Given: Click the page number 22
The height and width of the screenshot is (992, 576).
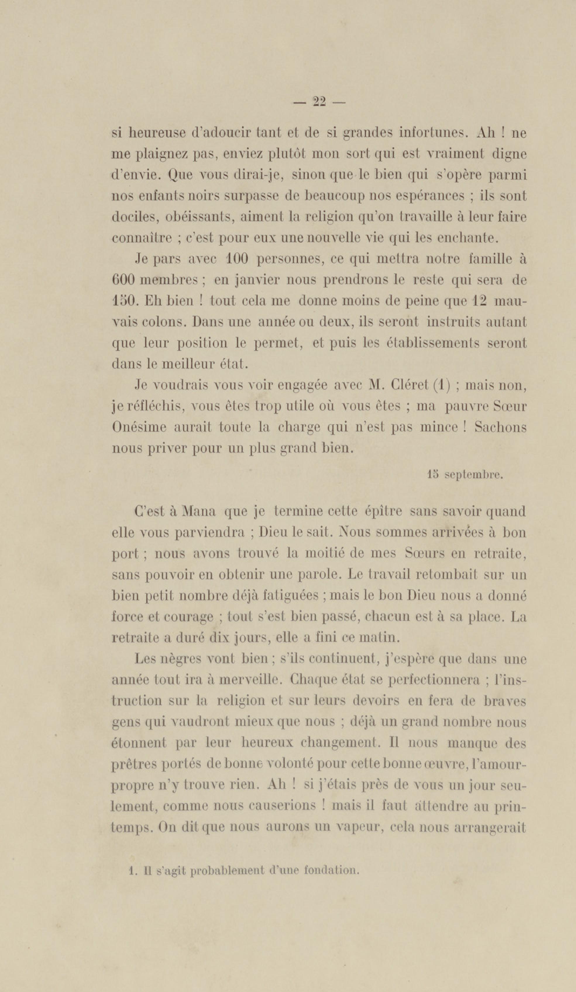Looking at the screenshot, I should click(x=319, y=102).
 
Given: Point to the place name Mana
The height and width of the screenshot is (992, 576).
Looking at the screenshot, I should click(x=199, y=512).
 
